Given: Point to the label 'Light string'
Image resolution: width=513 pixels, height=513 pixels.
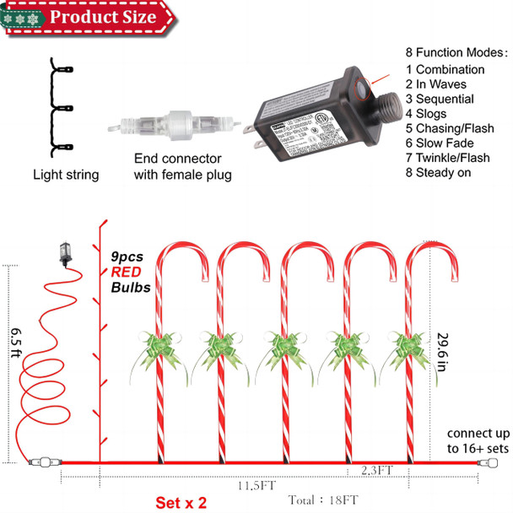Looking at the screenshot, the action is coord(66,175).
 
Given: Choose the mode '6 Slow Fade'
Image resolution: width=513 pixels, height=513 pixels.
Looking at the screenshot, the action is coord(444,143).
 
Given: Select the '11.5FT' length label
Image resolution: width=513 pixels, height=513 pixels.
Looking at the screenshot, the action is coord(256,487).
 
